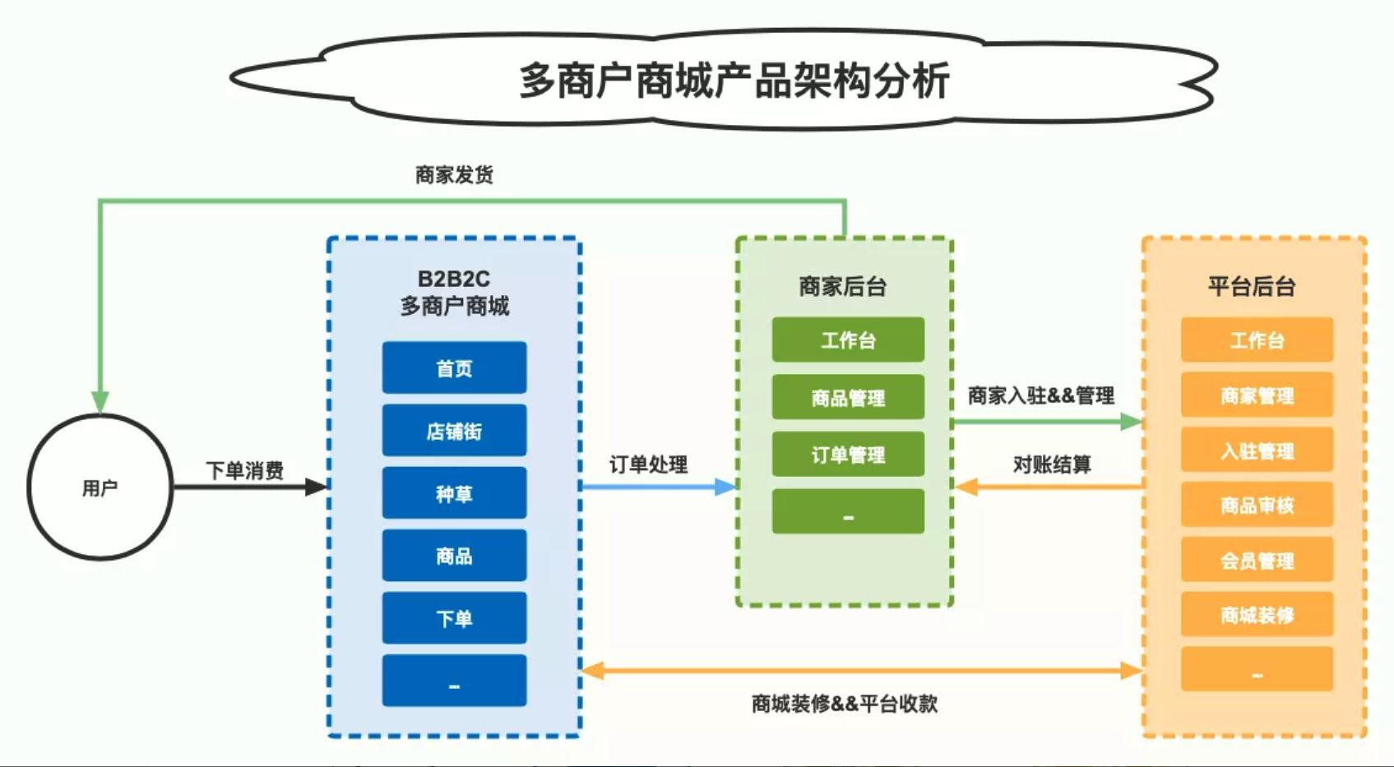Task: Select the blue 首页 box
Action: point(454,367)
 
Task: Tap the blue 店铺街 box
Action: point(454,431)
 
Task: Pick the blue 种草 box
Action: point(454,493)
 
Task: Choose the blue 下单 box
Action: point(454,618)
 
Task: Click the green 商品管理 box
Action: point(848,397)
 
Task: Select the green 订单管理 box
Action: point(848,454)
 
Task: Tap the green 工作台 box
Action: point(848,340)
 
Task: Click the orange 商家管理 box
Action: point(1257,395)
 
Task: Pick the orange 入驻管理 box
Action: point(1257,450)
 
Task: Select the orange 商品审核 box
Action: point(1257,505)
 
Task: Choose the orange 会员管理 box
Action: point(1257,560)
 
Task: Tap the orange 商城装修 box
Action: point(1257,615)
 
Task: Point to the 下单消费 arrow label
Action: point(245,470)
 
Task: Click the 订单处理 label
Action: point(648,464)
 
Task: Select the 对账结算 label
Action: point(1052,464)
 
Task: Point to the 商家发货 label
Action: point(454,175)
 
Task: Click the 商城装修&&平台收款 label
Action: point(845,704)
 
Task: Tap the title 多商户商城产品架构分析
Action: point(734,81)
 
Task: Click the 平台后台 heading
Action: point(1252,286)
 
